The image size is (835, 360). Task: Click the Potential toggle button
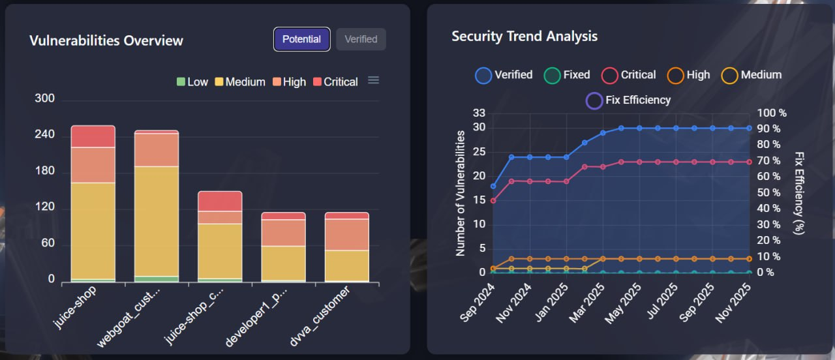click(x=301, y=39)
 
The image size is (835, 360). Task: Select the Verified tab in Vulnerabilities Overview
click(x=361, y=39)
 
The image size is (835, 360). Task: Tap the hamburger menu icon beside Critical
click(x=373, y=80)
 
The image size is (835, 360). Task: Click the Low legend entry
click(x=192, y=82)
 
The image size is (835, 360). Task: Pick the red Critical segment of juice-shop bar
click(x=93, y=136)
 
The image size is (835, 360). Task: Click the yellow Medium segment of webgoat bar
click(x=157, y=221)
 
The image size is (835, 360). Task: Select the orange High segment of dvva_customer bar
click(x=347, y=234)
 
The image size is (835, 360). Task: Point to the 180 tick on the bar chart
click(x=45, y=172)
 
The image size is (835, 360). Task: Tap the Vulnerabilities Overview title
click(x=106, y=40)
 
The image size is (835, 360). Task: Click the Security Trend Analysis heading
click(x=524, y=37)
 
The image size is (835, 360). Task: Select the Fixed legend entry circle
click(x=552, y=76)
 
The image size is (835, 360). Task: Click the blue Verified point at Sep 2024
click(x=493, y=187)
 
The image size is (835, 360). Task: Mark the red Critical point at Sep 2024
click(x=493, y=200)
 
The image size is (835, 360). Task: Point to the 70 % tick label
click(x=771, y=161)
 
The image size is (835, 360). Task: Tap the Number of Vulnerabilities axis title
click(x=461, y=193)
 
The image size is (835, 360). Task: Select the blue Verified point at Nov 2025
click(x=749, y=128)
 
